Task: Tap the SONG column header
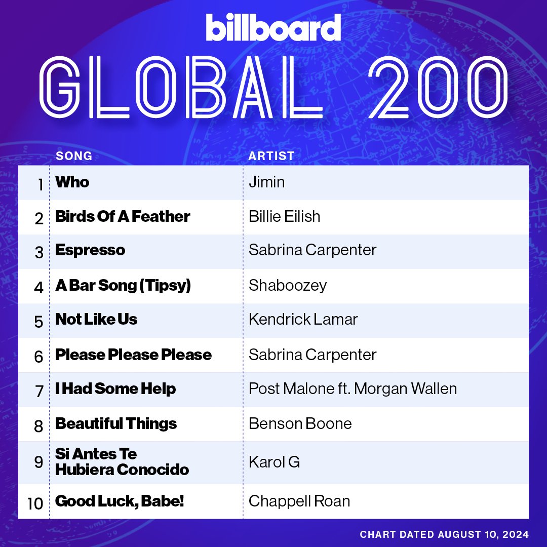tap(74, 156)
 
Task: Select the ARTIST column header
tap(271, 156)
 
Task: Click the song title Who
tap(72, 182)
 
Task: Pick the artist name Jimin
tap(266, 182)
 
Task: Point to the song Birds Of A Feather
tap(123, 216)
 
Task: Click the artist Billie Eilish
tap(284, 216)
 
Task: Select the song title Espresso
tap(90, 250)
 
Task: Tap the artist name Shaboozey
tap(288, 285)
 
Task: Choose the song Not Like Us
tap(96, 320)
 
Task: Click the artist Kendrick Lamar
tap(303, 320)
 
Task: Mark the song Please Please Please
tap(133, 355)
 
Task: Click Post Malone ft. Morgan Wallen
tap(353, 388)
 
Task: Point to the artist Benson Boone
tap(300, 423)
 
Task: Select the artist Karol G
tap(274, 462)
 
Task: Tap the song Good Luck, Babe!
tap(120, 501)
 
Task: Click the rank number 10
tap(35, 504)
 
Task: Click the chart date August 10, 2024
tap(444, 534)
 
